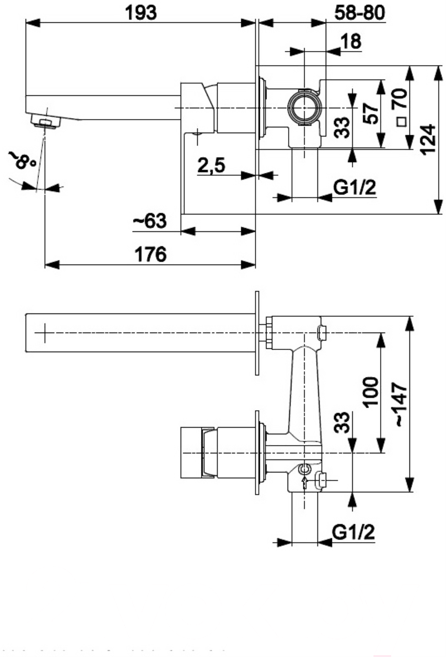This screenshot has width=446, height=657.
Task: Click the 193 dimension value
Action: (141, 13)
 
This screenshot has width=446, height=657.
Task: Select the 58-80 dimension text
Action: (359, 13)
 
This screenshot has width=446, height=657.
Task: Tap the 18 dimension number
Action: (351, 41)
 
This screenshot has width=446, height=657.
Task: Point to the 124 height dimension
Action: (428, 140)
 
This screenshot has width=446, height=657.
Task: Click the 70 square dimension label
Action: (401, 107)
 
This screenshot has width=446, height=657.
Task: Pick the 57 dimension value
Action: (371, 113)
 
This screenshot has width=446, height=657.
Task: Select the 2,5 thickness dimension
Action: (212, 165)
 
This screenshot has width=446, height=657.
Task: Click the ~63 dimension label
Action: (150, 221)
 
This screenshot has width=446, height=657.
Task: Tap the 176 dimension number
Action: (150, 254)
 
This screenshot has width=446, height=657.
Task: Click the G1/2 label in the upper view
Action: (355, 188)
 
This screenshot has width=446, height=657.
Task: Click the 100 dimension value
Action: (371, 392)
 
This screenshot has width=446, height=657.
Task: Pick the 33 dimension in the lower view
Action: (342, 423)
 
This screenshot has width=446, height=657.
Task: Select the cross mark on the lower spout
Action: (45, 333)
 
